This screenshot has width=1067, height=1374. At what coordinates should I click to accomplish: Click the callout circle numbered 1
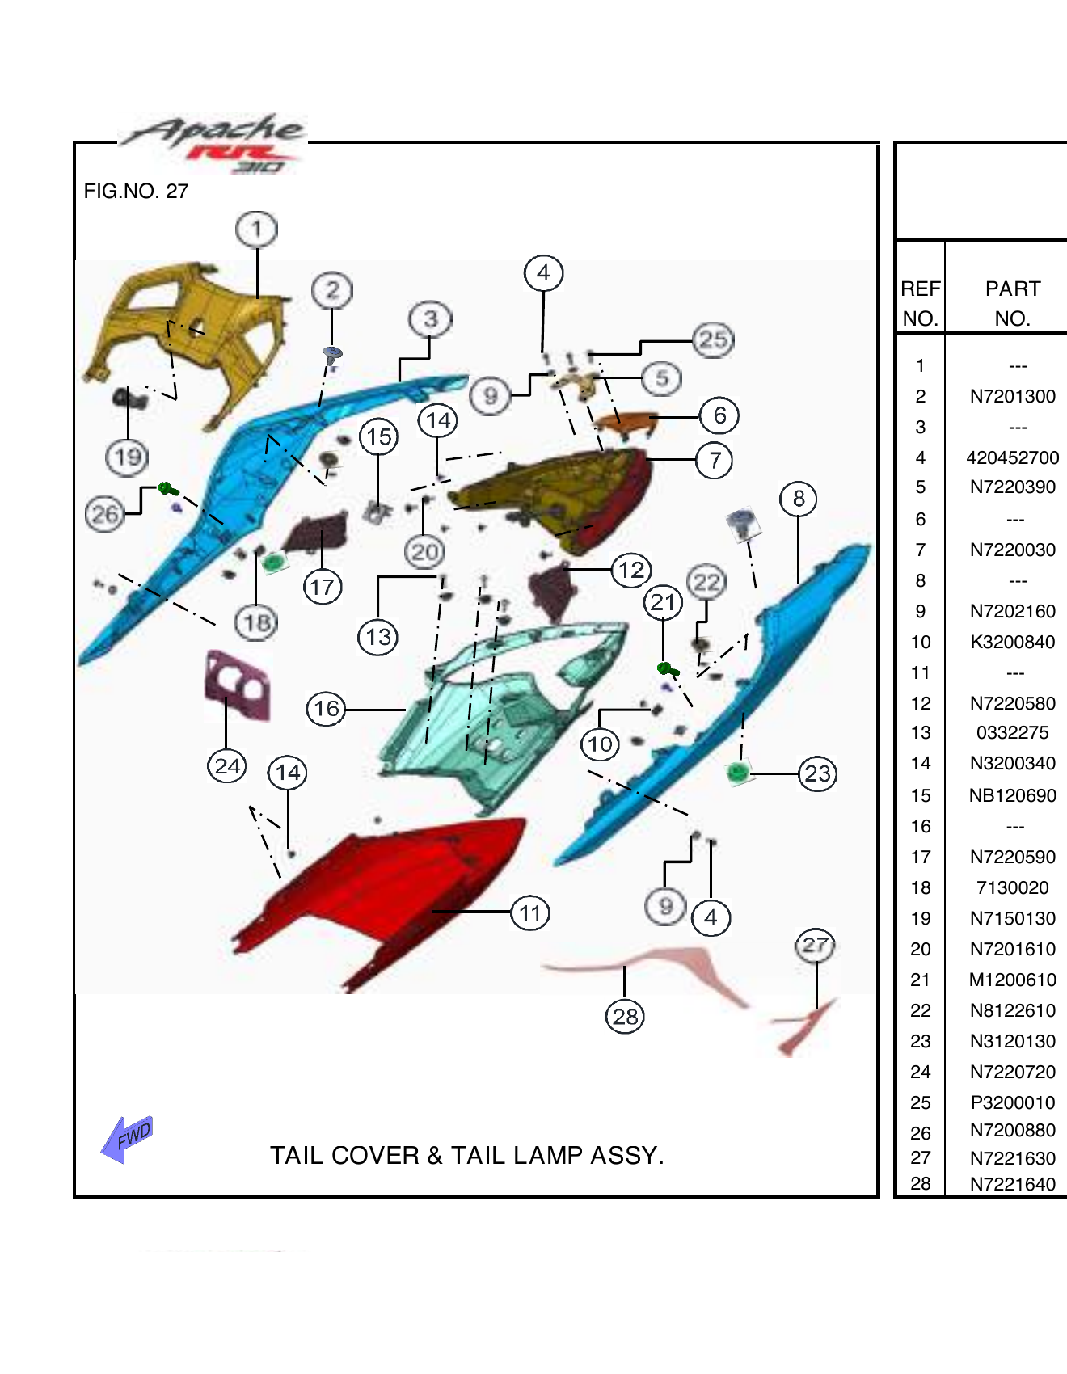click(x=256, y=230)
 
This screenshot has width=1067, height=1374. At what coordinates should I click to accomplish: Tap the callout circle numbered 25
click(x=713, y=339)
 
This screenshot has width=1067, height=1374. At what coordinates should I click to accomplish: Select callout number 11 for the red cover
click(x=530, y=913)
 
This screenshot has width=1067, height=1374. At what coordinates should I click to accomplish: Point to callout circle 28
click(x=625, y=1016)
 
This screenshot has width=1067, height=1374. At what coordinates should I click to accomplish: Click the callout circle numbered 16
click(x=326, y=709)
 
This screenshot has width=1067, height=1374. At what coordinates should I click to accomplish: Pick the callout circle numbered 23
click(x=817, y=774)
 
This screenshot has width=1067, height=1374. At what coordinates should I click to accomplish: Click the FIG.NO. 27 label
click(x=136, y=192)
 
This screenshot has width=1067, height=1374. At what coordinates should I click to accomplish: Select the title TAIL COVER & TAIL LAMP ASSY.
click(x=466, y=1156)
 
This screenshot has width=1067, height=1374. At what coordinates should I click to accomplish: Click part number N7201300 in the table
click(x=1012, y=397)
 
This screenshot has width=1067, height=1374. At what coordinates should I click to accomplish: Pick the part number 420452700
click(x=1012, y=458)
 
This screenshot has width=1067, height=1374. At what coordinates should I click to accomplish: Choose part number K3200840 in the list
click(x=1012, y=643)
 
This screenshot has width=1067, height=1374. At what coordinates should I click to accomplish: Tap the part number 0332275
click(x=1012, y=733)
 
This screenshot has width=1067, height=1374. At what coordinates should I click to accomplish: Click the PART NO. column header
click(x=1012, y=303)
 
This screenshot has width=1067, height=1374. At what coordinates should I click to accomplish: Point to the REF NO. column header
click(x=921, y=303)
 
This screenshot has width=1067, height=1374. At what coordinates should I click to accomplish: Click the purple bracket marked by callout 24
click(x=237, y=685)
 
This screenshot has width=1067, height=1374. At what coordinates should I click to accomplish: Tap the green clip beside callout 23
click(x=737, y=773)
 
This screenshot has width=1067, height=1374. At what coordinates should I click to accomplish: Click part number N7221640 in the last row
click(x=1012, y=1184)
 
